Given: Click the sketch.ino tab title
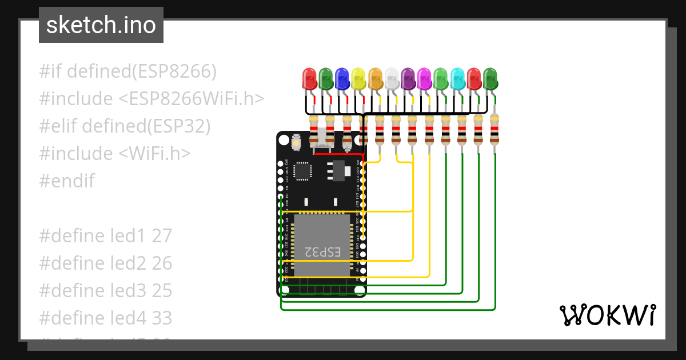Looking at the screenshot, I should pos(101,25).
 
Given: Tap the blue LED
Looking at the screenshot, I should pos(342,79).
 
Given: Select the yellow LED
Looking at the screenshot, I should pos(358,79).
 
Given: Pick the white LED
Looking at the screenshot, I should pos(392,79).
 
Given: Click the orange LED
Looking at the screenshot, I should pos(375,79).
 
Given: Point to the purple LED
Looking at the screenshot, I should pos(408,79).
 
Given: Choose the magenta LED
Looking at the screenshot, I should pos(424,79).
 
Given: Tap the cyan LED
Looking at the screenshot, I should pos(457,79).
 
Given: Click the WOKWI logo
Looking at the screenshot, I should pos(607,315).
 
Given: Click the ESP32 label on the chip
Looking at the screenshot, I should pos(322,251).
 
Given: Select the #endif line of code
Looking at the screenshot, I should pos(67,181).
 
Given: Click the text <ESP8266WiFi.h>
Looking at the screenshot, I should pos(192,99).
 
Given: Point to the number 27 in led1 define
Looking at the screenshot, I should pos(162,236).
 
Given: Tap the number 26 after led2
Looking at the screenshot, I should pos(162,263).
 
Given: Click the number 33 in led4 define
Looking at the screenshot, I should pos(162,318).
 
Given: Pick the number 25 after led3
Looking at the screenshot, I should pos(162,291).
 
